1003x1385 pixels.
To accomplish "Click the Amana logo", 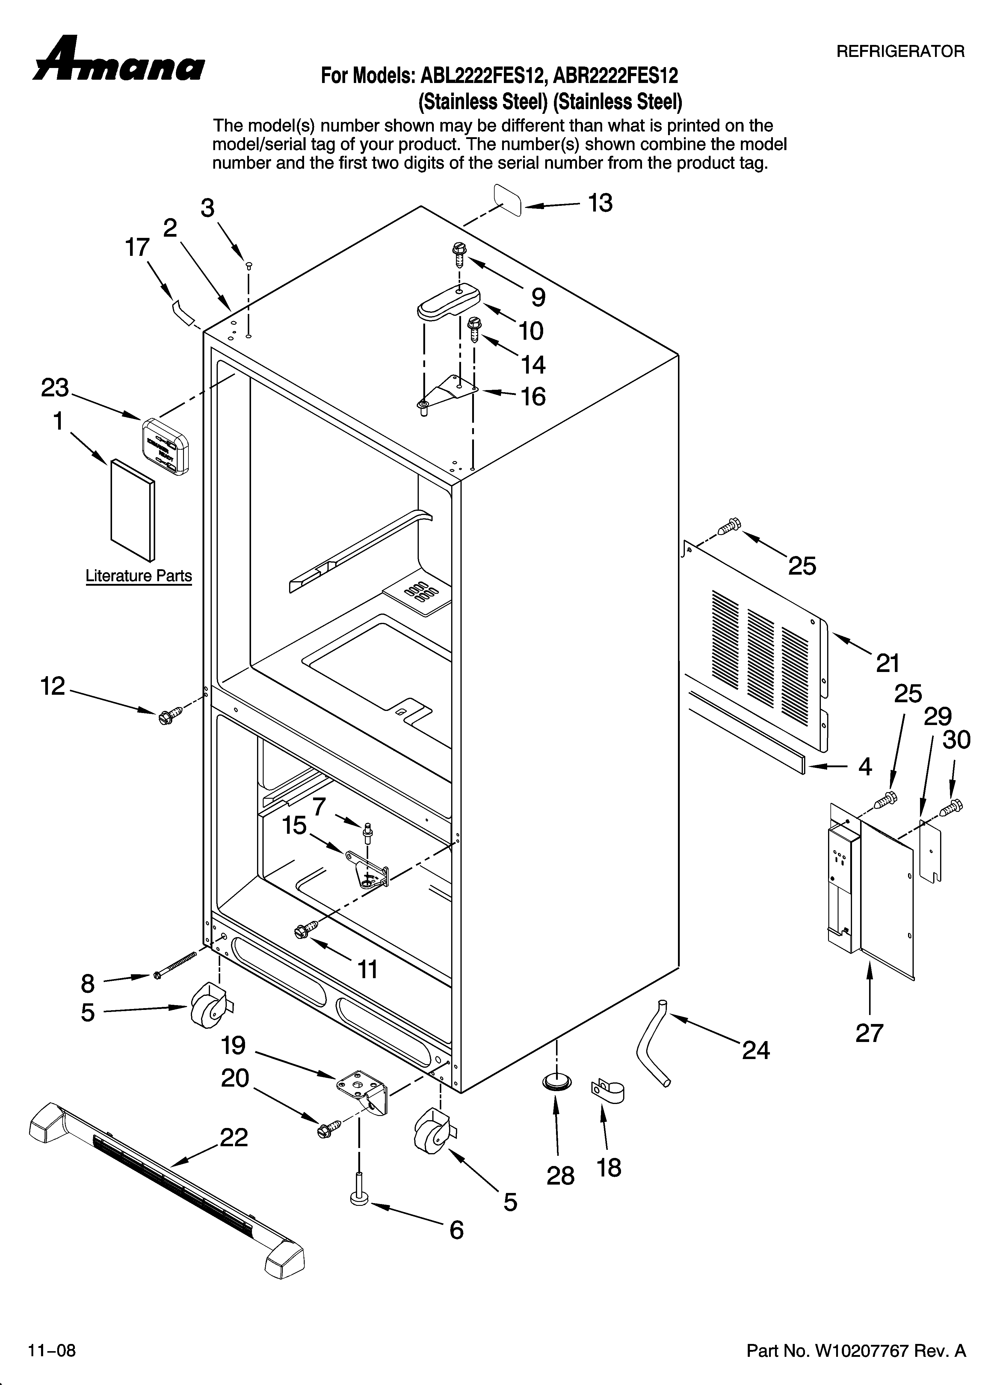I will [x=119, y=61].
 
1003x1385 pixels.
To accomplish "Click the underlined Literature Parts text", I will [x=139, y=576].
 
